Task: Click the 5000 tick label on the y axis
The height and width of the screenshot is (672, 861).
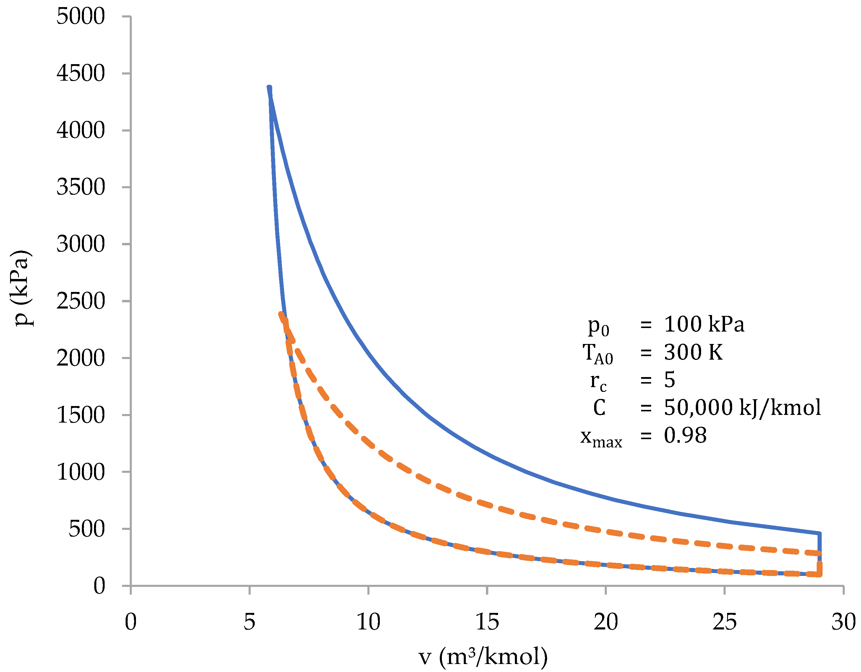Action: click(x=80, y=17)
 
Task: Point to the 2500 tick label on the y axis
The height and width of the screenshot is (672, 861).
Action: click(x=80, y=301)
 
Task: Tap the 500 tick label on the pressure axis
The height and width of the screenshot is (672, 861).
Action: click(x=87, y=529)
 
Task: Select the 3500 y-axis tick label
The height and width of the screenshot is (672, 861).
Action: click(x=80, y=187)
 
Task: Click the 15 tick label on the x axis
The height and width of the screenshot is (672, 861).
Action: click(x=487, y=622)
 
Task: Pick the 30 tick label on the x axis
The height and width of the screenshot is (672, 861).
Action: click(x=843, y=622)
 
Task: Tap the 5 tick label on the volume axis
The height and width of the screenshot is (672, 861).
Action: click(x=249, y=622)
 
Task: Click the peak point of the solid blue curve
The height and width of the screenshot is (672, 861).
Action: click(x=269, y=87)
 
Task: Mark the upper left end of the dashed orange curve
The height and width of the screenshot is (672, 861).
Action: click(x=281, y=314)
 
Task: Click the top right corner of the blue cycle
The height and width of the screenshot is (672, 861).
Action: click(x=819, y=534)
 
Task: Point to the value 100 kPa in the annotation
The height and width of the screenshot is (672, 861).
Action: click(x=704, y=324)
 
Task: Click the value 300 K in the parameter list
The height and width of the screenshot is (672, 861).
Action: click(x=693, y=352)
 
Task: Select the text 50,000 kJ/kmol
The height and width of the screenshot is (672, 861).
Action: click(x=742, y=408)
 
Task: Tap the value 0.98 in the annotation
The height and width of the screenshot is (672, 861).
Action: click(x=685, y=436)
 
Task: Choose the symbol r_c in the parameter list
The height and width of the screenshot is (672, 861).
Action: click(x=598, y=382)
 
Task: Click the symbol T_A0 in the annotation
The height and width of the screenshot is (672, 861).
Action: click(x=598, y=353)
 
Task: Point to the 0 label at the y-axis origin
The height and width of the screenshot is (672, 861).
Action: click(x=99, y=586)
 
